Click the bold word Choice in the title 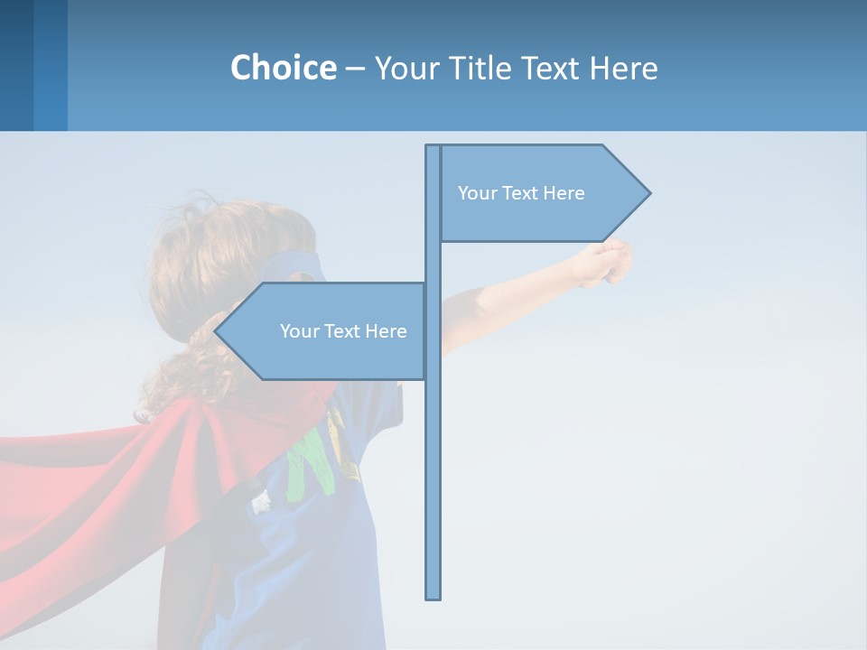coord(283,68)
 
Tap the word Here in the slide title coord(623,68)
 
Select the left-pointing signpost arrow coord(325,331)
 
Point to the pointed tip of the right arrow coord(648,192)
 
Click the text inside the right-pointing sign coord(521,193)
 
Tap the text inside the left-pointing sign coord(343,331)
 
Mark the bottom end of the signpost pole coord(433,596)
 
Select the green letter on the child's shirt coord(307,460)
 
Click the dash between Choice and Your coord(355,69)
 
